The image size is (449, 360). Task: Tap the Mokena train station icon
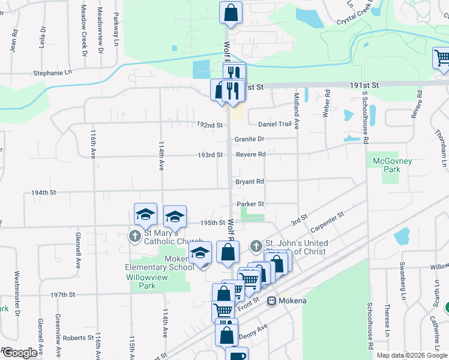point(271,301)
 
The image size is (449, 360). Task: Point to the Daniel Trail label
point(275,124)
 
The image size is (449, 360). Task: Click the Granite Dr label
point(249,139)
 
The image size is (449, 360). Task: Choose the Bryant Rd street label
point(250,181)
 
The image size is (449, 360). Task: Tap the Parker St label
point(250,204)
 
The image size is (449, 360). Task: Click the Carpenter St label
point(327,222)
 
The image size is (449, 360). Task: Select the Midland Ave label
point(297,105)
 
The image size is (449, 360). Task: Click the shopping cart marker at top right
point(442,58)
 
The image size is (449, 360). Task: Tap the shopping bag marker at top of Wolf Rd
point(231,12)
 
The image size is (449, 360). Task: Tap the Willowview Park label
point(141,281)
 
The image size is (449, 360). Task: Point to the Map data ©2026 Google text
point(412,355)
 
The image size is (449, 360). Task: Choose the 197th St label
point(62,295)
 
